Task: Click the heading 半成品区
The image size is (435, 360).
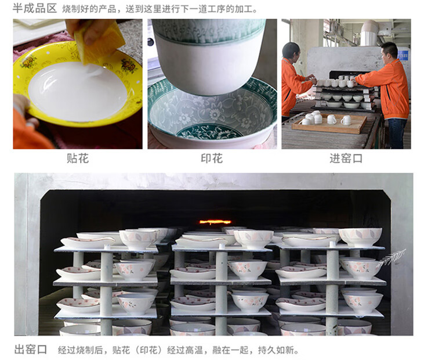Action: point(35,8)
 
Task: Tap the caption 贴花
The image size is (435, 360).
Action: point(78,159)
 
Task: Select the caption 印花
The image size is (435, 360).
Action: point(212,159)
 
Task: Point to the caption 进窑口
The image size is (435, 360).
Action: point(346,159)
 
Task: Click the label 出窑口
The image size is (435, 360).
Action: point(31,350)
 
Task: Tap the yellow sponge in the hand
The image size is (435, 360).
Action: point(99,42)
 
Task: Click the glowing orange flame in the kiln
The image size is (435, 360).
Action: point(215,222)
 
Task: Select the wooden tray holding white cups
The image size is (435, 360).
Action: point(329,124)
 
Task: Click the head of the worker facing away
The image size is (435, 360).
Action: point(291,52)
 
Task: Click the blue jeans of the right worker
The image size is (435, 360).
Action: point(397,133)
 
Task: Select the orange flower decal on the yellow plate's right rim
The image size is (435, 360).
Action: point(128,66)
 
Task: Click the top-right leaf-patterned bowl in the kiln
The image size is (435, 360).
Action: point(360,237)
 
